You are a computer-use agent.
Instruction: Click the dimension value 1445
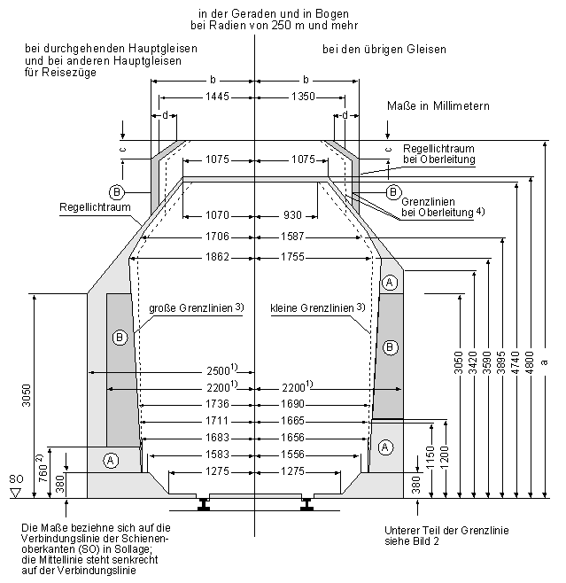tap(217, 97)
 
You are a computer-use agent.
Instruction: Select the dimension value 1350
tap(303, 97)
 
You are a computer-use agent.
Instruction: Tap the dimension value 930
tap(292, 215)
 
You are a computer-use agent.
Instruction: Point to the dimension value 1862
tap(217, 257)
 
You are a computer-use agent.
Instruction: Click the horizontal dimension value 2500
tap(218, 370)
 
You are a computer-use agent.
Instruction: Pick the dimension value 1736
tap(217, 404)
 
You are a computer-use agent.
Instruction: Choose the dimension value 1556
tap(292, 455)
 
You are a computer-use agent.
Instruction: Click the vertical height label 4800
tap(531, 362)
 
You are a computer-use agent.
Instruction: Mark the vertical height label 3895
tap(501, 362)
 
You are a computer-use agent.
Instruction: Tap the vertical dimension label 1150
tap(430, 458)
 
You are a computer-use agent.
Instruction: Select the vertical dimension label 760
tap(43, 473)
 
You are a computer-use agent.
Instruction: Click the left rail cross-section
tap(203, 504)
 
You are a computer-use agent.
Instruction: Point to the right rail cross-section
tap(307, 504)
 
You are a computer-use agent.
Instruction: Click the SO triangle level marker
tap(16, 494)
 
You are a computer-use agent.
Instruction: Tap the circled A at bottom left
tap(111, 461)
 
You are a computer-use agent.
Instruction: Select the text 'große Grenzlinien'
tap(190, 308)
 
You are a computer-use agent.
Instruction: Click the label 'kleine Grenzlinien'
tap(312, 308)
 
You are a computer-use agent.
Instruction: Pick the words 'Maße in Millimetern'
tap(438, 106)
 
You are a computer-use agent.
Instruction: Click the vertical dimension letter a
tap(545, 361)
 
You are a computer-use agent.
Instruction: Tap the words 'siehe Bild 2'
tap(412, 541)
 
